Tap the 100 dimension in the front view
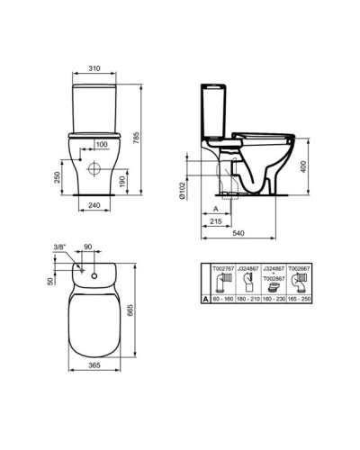103,144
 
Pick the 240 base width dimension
93,206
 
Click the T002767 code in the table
222,268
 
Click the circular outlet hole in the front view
93,168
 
